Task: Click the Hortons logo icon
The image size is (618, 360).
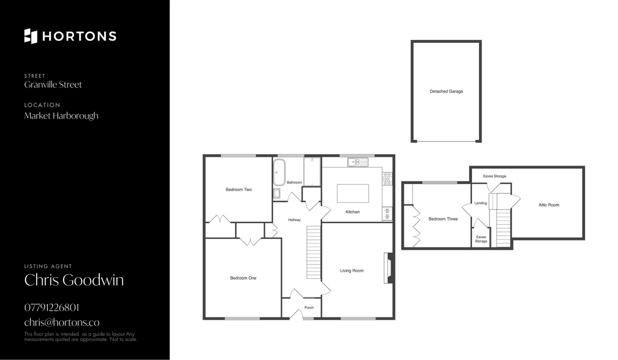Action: [x=31, y=36]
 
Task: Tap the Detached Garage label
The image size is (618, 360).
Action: [x=446, y=91]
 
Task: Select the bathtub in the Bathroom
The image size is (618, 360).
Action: [x=279, y=172]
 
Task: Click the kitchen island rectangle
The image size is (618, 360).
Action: [x=353, y=193]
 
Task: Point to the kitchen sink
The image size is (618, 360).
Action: [x=358, y=162]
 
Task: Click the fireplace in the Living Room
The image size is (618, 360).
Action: [x=388, y=268]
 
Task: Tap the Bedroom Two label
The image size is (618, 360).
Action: [x=239, y=189]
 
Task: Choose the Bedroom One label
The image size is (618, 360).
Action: [x=243, y=278]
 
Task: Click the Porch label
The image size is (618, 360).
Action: [x=309, y=308]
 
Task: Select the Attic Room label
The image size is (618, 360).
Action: [x=549, y=205]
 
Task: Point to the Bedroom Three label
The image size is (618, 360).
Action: [x=443, y=219]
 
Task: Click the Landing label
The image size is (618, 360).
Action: [x=481, y=203]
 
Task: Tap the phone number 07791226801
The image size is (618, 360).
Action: [x=51, y=308]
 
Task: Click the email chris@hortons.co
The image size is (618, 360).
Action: [x=62, y=322]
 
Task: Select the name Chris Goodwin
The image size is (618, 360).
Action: [x=74, y=280]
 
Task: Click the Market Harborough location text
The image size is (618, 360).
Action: [x=61, y=116]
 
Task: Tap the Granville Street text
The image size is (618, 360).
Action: [x=53, y=85]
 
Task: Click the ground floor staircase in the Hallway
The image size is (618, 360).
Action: [x=314, y=252]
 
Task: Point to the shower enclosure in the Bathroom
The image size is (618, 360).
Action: [x=312, y=172]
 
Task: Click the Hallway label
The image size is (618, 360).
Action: [x=294, y=220]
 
